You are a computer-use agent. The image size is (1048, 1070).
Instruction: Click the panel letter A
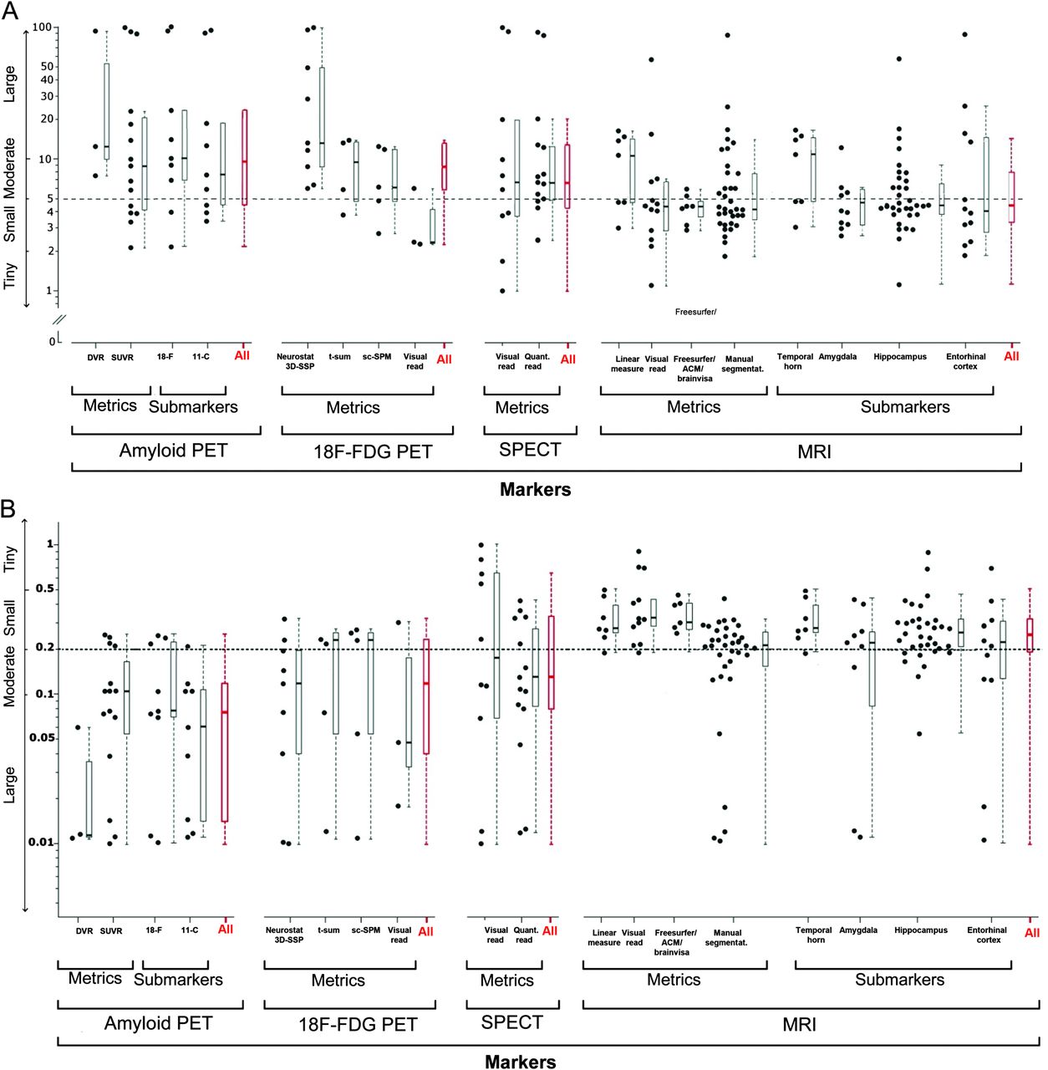[x=10, y=12]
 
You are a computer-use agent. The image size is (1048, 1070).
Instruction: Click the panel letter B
[x=9, y=508]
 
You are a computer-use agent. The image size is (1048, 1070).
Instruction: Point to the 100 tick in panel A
[x=42, y=28]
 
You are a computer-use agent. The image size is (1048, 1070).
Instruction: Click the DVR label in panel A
[x=96, y=358]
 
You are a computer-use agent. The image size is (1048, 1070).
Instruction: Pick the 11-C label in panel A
[x=201, y=357]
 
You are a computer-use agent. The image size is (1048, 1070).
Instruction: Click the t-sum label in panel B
[x=328, y=930]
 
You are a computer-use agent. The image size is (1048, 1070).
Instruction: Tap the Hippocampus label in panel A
[x=900, y=357]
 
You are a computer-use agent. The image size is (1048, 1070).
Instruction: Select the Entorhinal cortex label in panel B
[x=988, y=935]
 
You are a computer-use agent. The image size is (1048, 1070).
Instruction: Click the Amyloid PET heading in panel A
[x=173, y=451]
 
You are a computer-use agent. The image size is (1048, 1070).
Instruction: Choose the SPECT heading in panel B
[x=512, y=1022]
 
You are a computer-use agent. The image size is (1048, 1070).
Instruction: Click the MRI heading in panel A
[x=814, y=452]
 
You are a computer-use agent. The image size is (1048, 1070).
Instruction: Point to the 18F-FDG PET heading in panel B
[x=358, y=1025]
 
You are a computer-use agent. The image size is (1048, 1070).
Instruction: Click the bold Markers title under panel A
[x=535, y=490]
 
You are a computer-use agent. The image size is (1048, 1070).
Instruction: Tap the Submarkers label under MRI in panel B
[x=899, y=980]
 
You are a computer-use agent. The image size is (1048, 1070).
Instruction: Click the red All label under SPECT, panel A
[x=567, y=359]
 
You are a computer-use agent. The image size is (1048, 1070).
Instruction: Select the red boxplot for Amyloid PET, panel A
[x=244, y=157]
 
